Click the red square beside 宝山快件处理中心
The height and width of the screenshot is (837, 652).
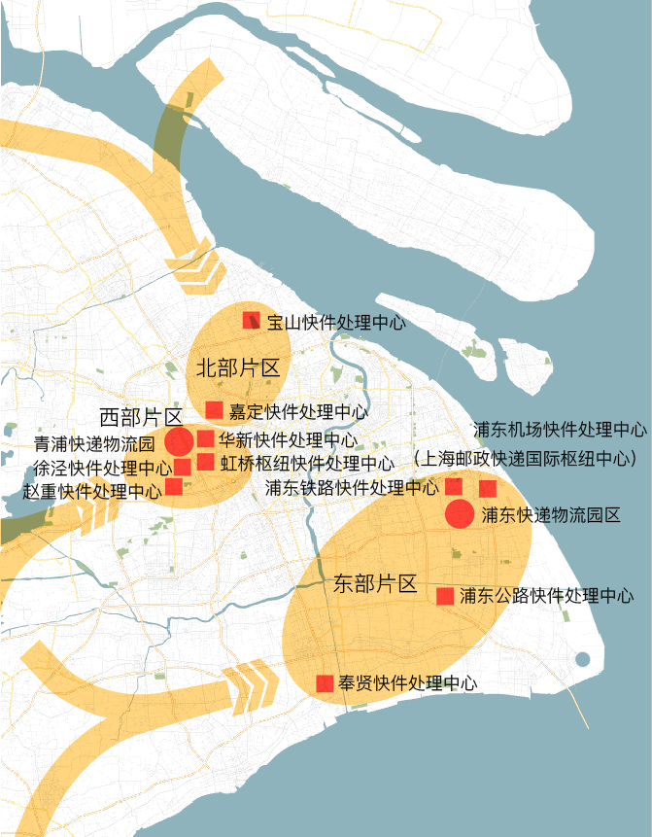251,320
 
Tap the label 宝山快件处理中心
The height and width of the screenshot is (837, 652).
336,322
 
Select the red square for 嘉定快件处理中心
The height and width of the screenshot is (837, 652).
215,410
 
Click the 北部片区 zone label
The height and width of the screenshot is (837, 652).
238,367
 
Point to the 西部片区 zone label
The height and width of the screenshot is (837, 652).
142,417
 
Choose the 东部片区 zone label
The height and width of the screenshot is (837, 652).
375,583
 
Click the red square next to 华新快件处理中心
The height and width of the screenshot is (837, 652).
205,439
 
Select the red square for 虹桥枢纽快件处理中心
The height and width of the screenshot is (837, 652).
205,462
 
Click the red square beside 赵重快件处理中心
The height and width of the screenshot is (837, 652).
174,486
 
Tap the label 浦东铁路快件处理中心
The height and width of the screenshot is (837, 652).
352,487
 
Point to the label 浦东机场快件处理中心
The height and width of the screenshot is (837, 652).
561,429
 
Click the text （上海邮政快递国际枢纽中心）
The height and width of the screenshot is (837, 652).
526,456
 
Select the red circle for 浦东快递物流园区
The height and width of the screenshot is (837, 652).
460,514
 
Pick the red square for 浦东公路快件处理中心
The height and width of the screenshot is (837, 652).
445,596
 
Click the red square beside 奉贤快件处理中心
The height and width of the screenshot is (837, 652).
326,683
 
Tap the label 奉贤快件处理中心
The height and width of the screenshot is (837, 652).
408,683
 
